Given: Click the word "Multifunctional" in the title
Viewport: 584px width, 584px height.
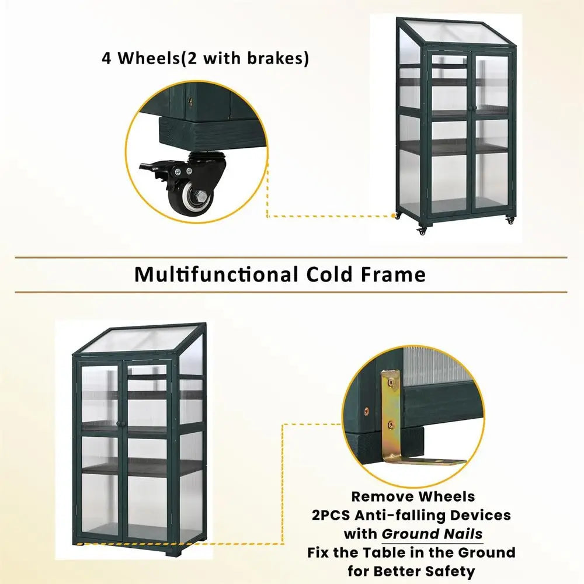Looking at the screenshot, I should pos(214,274).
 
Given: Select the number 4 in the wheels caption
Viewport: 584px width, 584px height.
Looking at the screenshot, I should pos(107,59).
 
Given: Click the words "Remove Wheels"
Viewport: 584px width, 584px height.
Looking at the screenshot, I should pos(413,496).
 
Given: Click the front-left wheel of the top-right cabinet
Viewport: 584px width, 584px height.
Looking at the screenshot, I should pos(422,231).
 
